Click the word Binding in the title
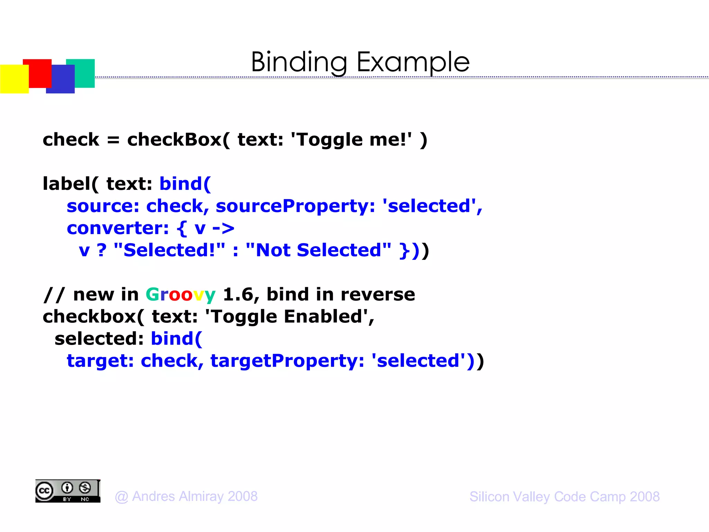tap(298, 62)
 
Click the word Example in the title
tap(413, 62)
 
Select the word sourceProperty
tap(295, 206)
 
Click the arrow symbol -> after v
tap(223, 229)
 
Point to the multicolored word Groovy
tap(180, 295)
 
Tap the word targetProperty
tap(287, 361)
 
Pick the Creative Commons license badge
tap(68, 491)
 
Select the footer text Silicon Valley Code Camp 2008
tap(564, 496)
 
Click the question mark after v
tap(101, 250)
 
